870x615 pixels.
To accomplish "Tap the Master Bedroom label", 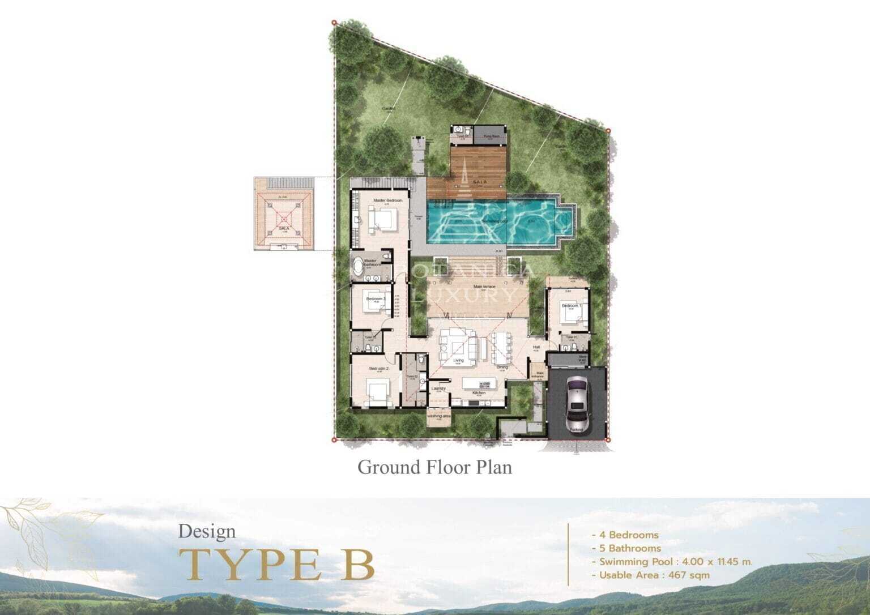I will click(x=388, y=201).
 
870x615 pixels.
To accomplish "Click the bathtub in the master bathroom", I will click(x=358, y=266).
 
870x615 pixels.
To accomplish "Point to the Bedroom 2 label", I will click(x=378, y=369).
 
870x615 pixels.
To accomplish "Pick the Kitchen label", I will click(x=479, y=392).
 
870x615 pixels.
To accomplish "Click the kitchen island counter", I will click(x=483, y=383).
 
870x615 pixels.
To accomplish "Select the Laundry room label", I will click(x=438, y=388).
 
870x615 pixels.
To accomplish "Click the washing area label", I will click(x=438, y=416).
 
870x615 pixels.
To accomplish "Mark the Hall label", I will click(x=536, y=348).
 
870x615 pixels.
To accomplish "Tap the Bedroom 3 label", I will click(x=376, y=299).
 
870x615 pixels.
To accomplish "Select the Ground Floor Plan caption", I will click(x=434, y=467).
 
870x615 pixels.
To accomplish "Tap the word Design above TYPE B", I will click(x=207, y=532).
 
